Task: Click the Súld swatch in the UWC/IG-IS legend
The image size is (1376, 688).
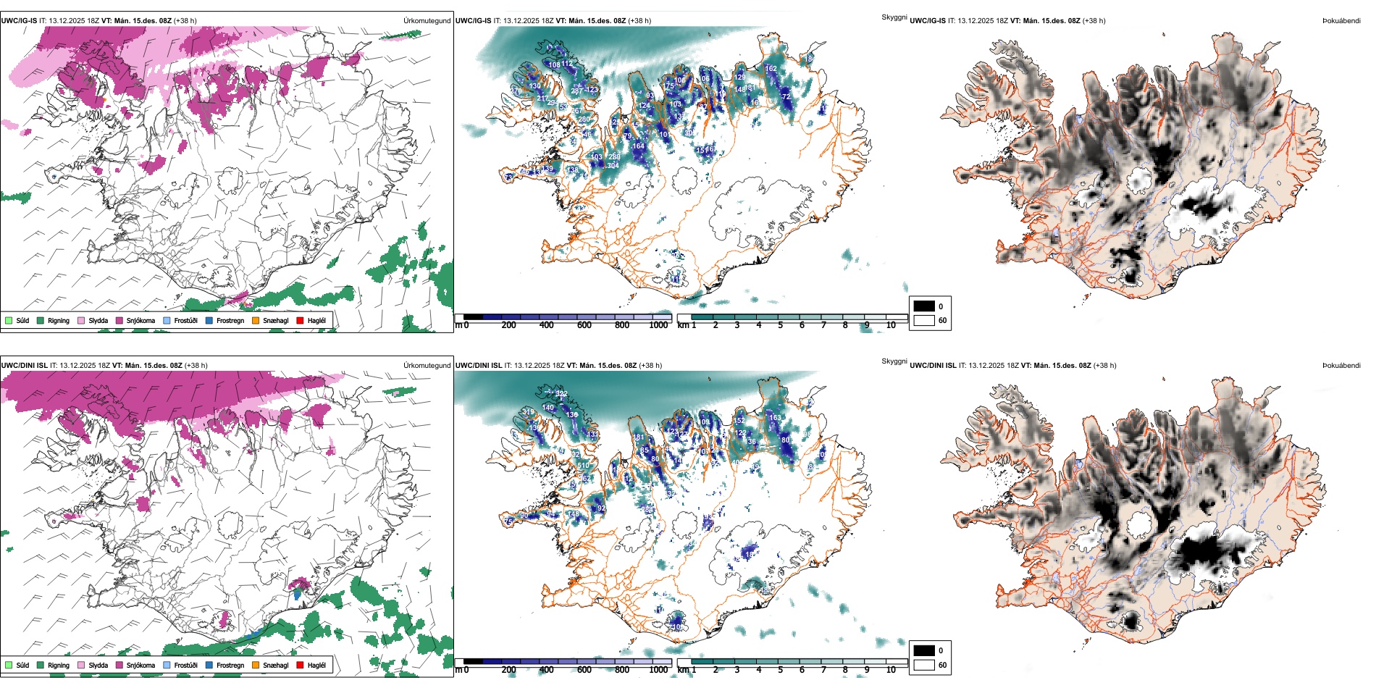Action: [x=9, y=320]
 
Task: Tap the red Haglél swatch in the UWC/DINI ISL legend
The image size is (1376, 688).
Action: [x=301, y=665]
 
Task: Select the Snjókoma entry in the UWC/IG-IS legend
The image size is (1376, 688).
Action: [x=119, y=320]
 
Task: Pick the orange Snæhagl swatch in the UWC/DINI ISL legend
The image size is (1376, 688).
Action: [x=256, y=665]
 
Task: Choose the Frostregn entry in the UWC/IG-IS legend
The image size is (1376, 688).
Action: [x=209, y=320]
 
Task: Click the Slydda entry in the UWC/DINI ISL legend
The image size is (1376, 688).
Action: [x=81, y=665]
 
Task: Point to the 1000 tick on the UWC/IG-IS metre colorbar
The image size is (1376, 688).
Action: [x=658, y=325]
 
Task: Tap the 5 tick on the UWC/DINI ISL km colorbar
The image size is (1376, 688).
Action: [x=780, y=670]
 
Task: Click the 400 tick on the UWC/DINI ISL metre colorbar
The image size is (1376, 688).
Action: [x=547, y=670]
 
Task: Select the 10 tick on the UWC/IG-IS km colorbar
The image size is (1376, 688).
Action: [x=891, y=325]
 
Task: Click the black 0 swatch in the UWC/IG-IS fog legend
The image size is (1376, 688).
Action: [x=924, y=306]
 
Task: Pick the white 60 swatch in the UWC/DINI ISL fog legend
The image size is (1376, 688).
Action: [x=924, y=665]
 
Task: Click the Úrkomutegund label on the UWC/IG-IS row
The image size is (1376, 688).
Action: [x=427, y=21]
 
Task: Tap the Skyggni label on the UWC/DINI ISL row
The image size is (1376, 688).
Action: [x=894, y=361]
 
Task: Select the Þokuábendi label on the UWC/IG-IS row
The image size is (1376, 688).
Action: [x=1341, y=21]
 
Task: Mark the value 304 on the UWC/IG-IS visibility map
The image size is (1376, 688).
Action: [x=613, y=166]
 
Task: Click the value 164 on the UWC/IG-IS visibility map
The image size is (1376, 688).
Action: [x=638, y=146]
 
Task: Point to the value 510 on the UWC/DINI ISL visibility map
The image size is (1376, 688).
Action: [x=583, y=466]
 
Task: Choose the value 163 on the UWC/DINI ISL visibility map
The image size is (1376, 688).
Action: [x=775, y=418]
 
